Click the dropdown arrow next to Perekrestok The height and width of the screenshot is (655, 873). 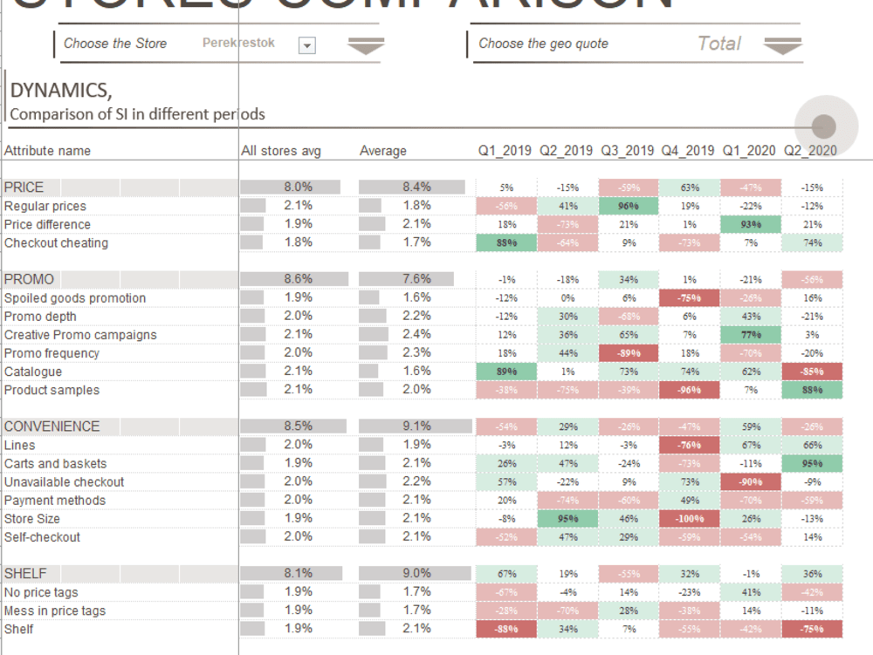306,45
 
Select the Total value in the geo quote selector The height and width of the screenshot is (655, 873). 718,44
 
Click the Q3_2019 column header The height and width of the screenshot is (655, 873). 627,151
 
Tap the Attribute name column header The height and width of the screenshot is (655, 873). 47,151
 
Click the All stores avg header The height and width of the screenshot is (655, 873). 281,151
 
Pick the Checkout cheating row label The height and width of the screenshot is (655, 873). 56,243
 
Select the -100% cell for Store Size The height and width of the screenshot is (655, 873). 690,519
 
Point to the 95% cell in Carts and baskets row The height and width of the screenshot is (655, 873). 812,464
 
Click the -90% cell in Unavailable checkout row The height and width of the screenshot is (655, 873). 751,482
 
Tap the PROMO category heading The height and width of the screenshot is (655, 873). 29,280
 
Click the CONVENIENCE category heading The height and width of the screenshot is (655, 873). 52,427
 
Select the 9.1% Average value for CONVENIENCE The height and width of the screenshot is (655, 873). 416,426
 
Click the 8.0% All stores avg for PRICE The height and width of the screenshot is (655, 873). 298,187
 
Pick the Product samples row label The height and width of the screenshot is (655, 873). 52,391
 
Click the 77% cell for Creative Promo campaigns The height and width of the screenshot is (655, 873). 751,335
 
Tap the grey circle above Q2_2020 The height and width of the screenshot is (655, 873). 823,126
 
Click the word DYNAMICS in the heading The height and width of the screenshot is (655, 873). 60,90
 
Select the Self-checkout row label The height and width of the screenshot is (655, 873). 42,537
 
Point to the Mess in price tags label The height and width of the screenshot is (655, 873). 55,611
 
